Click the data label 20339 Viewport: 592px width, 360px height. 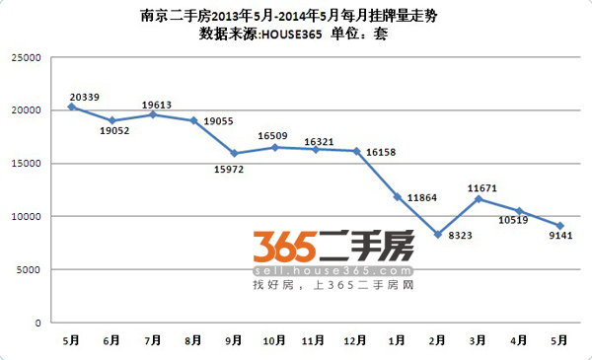(85, 98)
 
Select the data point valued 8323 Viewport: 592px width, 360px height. (437, 234)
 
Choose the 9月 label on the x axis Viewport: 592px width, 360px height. (234, 339)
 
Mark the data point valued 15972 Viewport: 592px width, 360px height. (234, 153)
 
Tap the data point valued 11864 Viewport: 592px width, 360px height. (397, 196)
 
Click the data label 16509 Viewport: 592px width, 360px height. (273, 136)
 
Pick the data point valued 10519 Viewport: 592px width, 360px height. (519, 211)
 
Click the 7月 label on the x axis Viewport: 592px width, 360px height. (152, 339)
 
